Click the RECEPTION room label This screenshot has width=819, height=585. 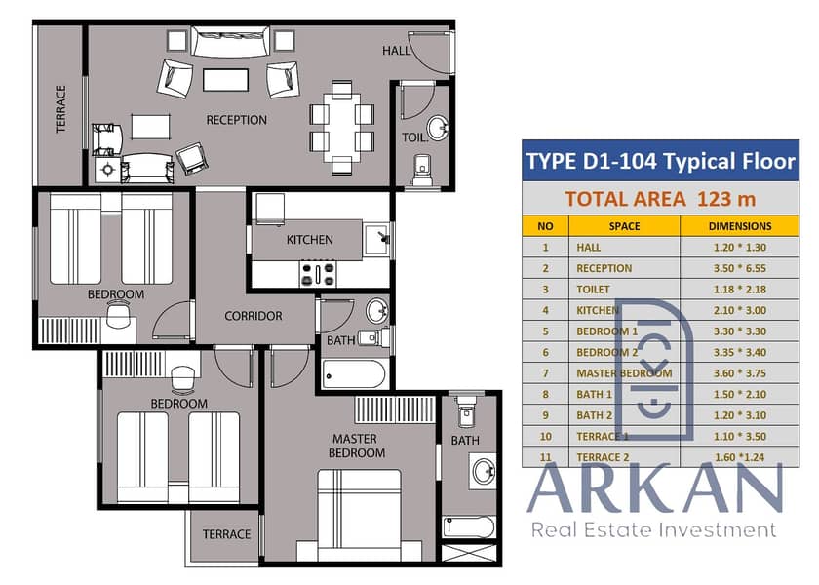[x=236, y=120]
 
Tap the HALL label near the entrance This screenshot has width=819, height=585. [x=396, y=51]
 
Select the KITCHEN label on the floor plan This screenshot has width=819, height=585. [x=309, y=240]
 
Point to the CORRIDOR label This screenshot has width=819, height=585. [x=253, y=316]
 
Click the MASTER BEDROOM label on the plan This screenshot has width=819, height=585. [x=357, y=446]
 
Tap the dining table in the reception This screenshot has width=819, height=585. [x=341, y=127]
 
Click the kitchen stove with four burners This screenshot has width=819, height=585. [x=318, y=274]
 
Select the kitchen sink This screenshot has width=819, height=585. [x=376, y=239]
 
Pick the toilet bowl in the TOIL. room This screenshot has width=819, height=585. [x=421, y=170]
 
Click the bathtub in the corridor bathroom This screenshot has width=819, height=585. [x=354, y=374]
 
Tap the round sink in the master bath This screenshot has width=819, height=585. [x=484, y=471]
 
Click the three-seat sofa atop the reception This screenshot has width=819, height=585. [x=230, y=41]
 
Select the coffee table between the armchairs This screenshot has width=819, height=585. [x=225, y=80]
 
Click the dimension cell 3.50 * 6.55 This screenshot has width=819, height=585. [x=740, y=268]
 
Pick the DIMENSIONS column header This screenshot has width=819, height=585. [x=740, y=226]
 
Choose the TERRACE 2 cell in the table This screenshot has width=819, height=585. [x=603, y=457]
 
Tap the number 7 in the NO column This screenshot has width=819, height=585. [x=545, y=373]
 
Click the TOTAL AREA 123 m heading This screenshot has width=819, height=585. [x=660, y=199]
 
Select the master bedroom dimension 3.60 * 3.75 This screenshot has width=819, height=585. [x=740, y=373]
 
